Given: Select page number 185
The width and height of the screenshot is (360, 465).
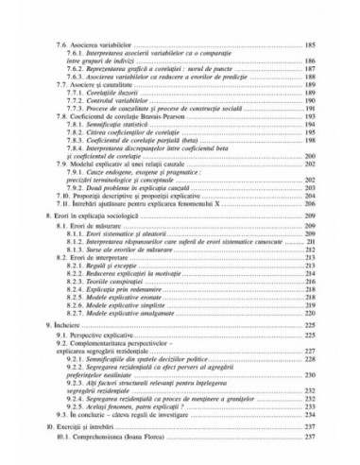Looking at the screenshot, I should point(309,44).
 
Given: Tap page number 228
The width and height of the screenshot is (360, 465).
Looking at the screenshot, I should point(309,366).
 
